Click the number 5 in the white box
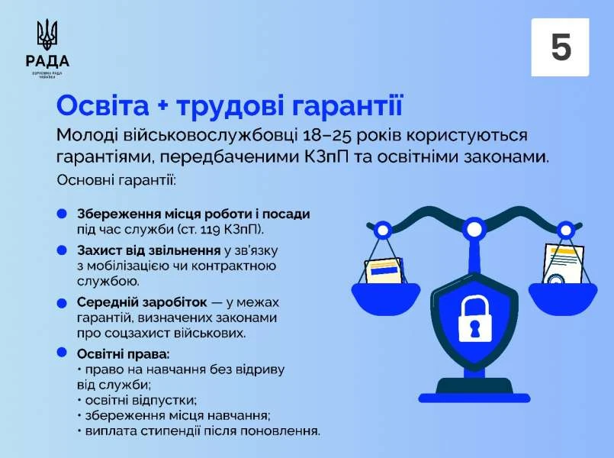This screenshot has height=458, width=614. pos(561,47)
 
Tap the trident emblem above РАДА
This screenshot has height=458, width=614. pos(47,36)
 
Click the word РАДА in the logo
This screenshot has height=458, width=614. pos(47,62)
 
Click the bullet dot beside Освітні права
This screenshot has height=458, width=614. pos(61,353)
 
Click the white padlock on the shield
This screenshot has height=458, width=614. pos(474,320)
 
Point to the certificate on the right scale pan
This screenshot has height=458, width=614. pos(563,266)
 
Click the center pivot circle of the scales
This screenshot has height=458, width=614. pos(474,227)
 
